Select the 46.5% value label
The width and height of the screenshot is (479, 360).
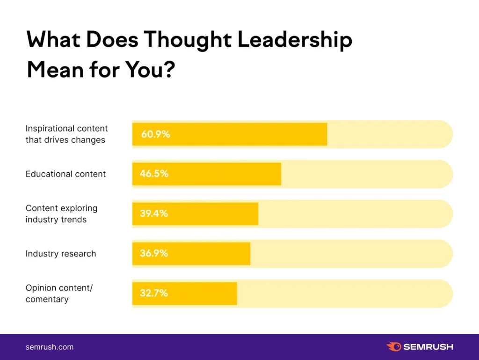coord(154,174)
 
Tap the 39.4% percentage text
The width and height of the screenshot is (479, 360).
coord(153,213)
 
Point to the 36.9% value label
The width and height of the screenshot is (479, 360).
coord(153,253)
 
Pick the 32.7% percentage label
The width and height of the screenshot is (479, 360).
coord(153,294)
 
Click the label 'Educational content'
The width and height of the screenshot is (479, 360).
coord(65,174)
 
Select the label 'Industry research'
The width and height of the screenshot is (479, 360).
coord(61,254)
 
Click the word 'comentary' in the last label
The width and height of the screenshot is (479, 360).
coord(47,299)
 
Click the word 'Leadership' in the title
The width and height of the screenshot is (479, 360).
coord(295,41)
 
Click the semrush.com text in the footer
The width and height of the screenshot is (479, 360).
coord(49,347)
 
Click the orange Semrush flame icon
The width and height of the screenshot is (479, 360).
coord(394,347)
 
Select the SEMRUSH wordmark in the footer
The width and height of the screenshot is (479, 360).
coord(428,347)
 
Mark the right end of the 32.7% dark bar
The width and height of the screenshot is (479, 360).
coord(236,294)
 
